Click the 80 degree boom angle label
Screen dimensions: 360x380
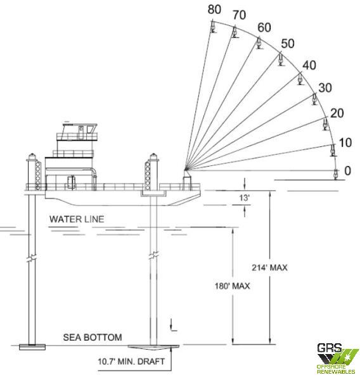[214, 9]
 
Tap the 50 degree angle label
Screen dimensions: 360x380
[288, 44]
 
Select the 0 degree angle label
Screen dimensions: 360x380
[347, 170]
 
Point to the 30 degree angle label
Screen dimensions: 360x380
[325, 88]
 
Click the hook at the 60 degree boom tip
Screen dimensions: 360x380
[259, 43]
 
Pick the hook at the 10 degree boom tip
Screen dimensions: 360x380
[333, 150]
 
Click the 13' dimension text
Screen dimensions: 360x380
[244, 198]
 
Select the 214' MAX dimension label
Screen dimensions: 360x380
[269, 267]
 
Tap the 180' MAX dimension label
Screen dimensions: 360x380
[232, 286]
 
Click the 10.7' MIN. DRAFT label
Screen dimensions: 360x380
[131, 362]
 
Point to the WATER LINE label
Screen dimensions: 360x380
[77, 219]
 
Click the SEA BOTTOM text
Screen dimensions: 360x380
[93, 338]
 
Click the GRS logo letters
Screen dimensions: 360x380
[330, 348]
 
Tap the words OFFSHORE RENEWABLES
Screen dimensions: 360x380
[336, 369]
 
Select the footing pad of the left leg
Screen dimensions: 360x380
[32, 347]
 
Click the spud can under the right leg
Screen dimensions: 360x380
[153, 347]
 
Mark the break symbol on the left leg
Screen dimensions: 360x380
[32, 258]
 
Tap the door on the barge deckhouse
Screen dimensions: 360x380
[71, 182]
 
